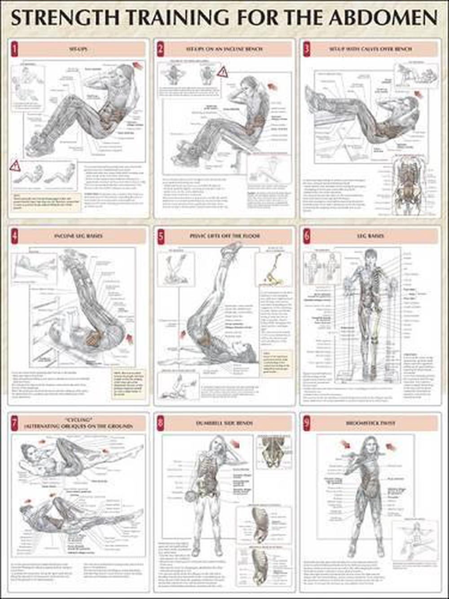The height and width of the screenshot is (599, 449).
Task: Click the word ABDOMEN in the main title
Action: click(x=383, y=18)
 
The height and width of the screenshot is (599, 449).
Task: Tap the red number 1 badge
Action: click(x=15, y=49)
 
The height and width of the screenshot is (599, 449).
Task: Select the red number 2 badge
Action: click(x=161, y=49)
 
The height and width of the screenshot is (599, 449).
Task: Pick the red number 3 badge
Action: click(x=307, y=49)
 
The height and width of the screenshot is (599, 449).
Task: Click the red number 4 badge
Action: click(x=15, y=235)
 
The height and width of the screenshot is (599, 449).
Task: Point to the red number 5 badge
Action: click(x=161, y=236)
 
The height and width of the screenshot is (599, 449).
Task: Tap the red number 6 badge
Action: click(x=307, y=235)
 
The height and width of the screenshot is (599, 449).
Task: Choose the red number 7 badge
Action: click(x=15, y=423)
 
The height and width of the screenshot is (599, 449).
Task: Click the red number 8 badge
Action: click(x=161, y=423)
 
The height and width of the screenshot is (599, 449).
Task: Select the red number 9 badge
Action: click(x=307, y=423)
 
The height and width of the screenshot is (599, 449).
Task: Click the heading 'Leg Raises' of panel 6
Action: click(x=370, y=235)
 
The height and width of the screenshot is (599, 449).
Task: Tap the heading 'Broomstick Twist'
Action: click(x=370, y=423)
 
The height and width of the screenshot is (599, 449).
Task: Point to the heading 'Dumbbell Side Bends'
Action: click(x=224, y=423)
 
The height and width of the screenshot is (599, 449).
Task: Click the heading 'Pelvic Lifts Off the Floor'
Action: click(x=224, y=236)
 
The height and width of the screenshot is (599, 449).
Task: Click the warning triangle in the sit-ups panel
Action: click(x=15, y=166)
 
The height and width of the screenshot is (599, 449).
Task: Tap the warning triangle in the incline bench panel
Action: click(x=222, y=71)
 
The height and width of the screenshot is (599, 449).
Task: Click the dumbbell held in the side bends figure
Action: click(x=188, y=496)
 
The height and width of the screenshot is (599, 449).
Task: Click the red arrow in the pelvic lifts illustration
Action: click(x=183, y=333)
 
